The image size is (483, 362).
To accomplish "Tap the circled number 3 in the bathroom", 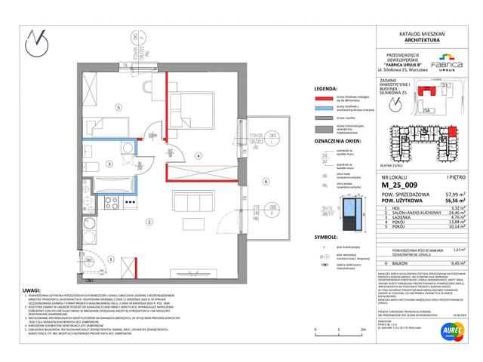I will pos(109,163).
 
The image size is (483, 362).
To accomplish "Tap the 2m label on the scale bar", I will pos(364,330).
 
